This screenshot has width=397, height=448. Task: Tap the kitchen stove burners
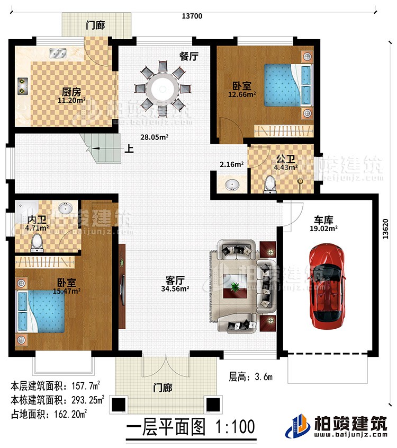click(x=22, y=85)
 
